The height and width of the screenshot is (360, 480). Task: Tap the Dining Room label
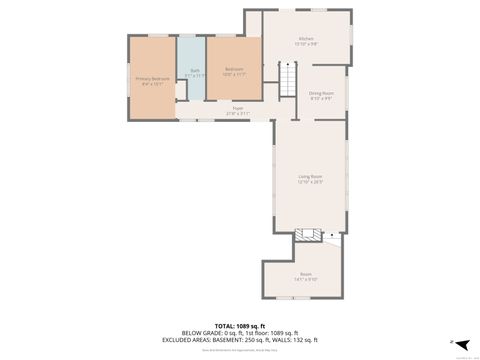(x=321, y=93)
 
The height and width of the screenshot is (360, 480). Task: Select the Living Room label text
(x=310, y=177)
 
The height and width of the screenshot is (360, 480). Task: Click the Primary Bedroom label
(x=153, y=78)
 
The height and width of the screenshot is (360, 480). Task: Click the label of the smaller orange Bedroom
(x=234, y=70)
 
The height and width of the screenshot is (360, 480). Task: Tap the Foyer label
(x=238, y=108)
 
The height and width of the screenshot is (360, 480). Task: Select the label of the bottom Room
(x=306, y=273)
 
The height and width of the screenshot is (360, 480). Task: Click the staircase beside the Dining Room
(x=288, y=76)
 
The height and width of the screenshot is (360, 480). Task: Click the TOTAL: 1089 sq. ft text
(x=240, y=326)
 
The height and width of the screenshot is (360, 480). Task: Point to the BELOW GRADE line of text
(x=240, y=333)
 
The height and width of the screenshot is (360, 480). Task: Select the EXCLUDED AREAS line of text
(x=240, y=340)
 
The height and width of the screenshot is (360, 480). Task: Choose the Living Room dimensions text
(x=310, y=183)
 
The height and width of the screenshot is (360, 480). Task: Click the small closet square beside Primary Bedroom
(x=181, y=90)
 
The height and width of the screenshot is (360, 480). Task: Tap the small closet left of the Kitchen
(x=254, y=24)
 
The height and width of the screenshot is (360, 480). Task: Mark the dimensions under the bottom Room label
(x=306, y=279)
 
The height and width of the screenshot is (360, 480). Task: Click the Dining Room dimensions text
(x=321, y=99)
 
